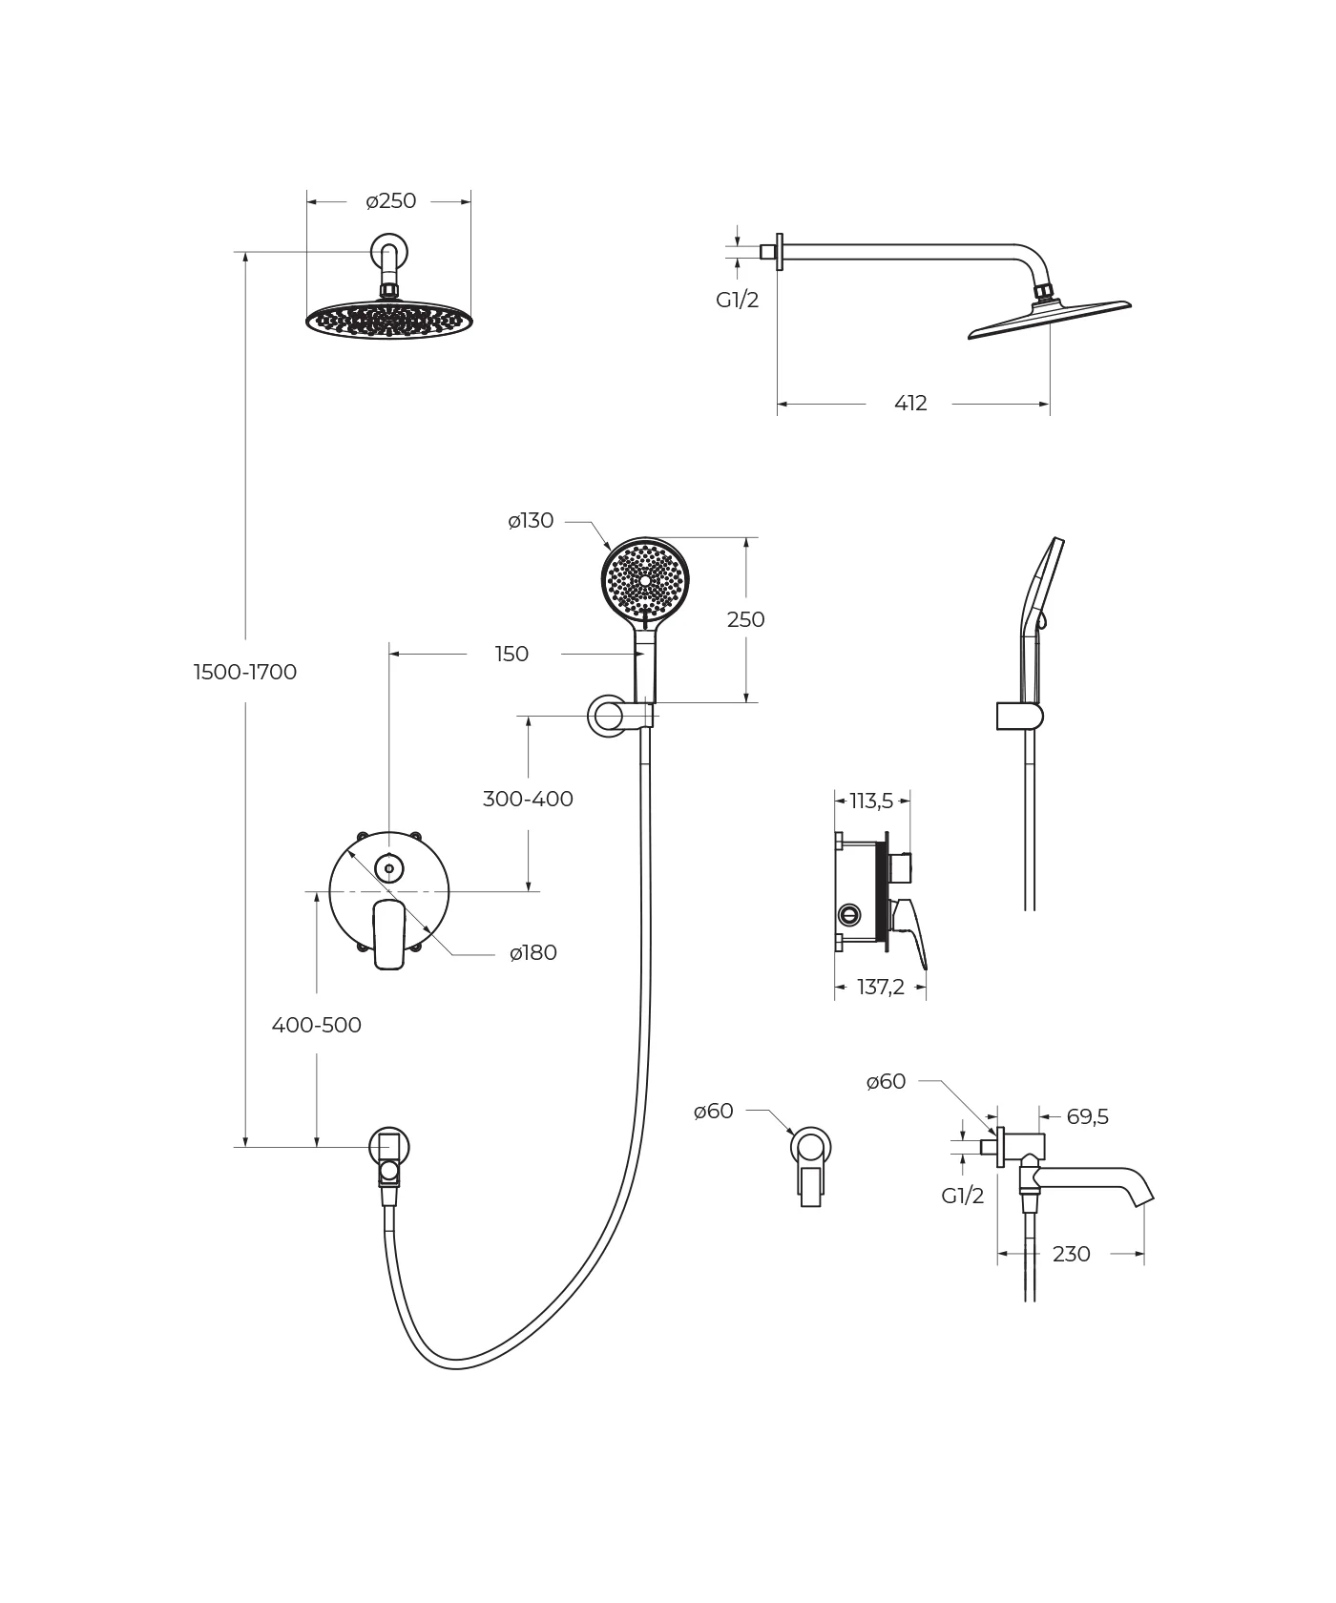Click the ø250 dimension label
391,201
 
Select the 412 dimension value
910,404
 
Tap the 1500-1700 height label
245,672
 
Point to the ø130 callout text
531,521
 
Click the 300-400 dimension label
528,799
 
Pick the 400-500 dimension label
317,1025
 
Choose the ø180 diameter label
533,952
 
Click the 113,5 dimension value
871,801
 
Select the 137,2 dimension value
880,987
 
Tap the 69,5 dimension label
1087,1116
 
